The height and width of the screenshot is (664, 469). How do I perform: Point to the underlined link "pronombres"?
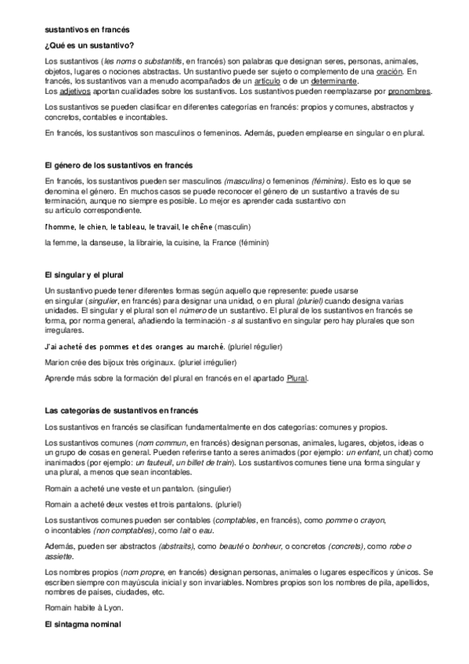click(x=408, y=90)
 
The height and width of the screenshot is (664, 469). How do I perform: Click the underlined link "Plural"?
click(x=298, y=378)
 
